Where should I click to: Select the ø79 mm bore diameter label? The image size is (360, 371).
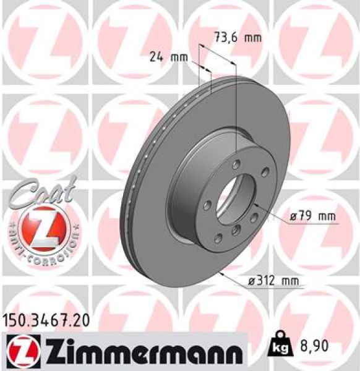tap(312, 216)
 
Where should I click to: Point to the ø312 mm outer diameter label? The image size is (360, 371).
tap(276, 281)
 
